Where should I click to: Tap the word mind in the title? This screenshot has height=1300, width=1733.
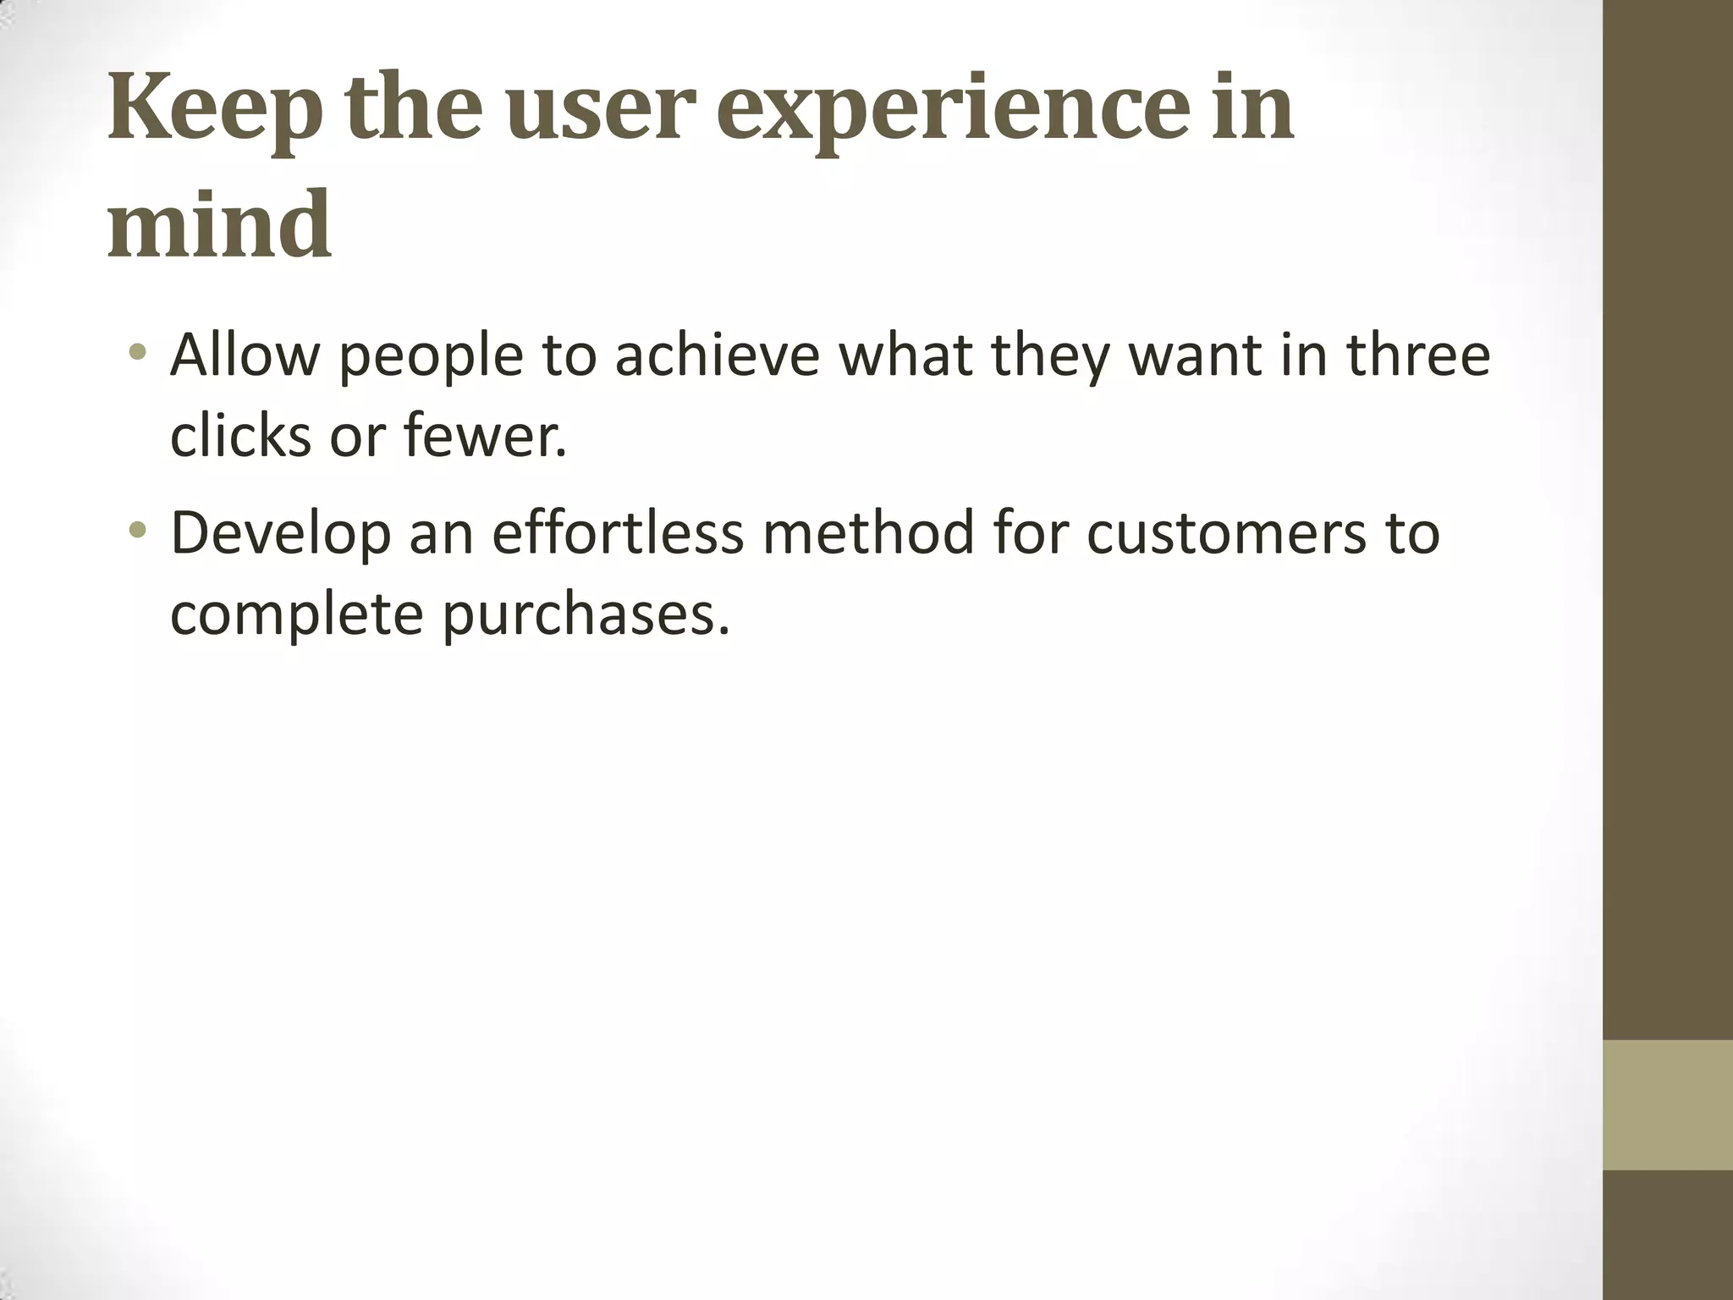[x=218, y=225]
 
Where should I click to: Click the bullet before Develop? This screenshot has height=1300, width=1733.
[x=139, y=531]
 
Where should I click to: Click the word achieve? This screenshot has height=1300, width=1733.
[x=717, y=355]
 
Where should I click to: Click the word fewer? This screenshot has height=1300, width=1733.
[x=483, y=437]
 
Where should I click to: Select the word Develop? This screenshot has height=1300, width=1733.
[x=280, y=534]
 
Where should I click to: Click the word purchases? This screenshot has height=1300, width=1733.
[x=585, y=615]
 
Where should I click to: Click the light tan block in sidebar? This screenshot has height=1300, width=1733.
[x=1667, y=1104]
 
